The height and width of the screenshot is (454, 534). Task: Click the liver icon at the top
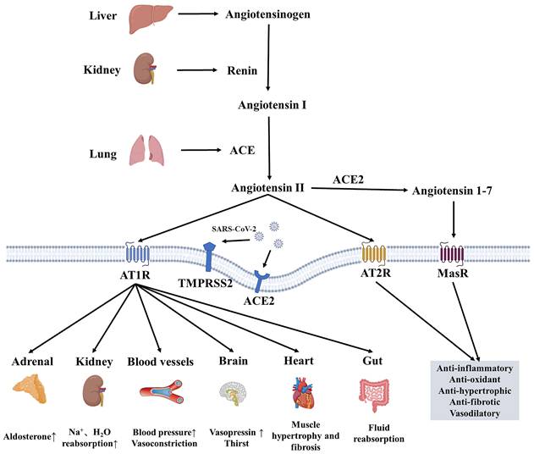146,17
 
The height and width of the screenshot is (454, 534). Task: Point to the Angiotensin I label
269,108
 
